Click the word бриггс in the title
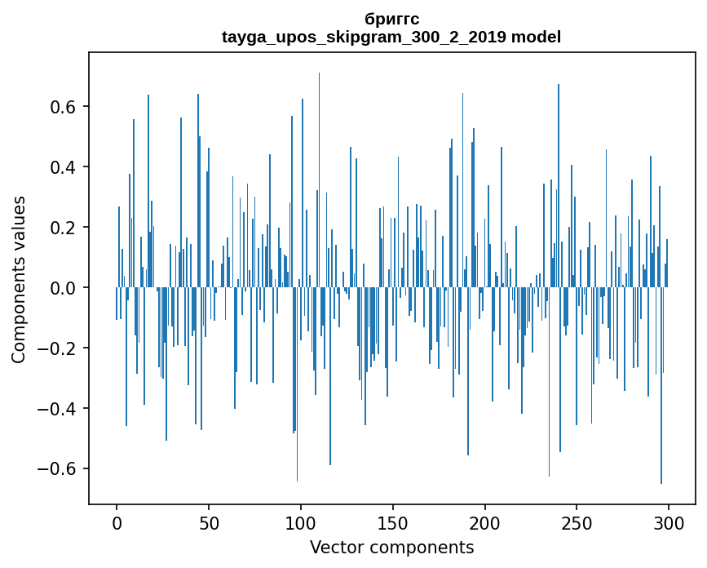pyautogui.click(x=391, y=19)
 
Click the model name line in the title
pyautogui.click(x=391, y=37)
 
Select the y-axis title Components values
pyautogui.click(x=19, y=279)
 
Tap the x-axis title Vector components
pyautogui.click(x=391, y=547)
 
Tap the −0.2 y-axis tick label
pyautogui.click(x=57, y=348)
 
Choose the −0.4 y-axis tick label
pyautogui.click(x=57, y=409)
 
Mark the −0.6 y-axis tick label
pyautogui.click(x=57, y=469)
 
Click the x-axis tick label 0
pyautogui.click(x=117, y=522)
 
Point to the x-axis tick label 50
pyautogui.click(x=209, y=522)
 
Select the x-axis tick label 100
pyautogui.click(x=301, y=522)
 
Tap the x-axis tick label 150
pyautogui.click(x=393, y=522)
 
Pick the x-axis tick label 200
pyautogui.click(x=485, y=522)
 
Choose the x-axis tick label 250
pyautogui.click(x=577, y=522)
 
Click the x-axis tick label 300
pyautogui.click(x=669, y=522)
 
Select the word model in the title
pyautogui.click(x=536, y=37)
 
